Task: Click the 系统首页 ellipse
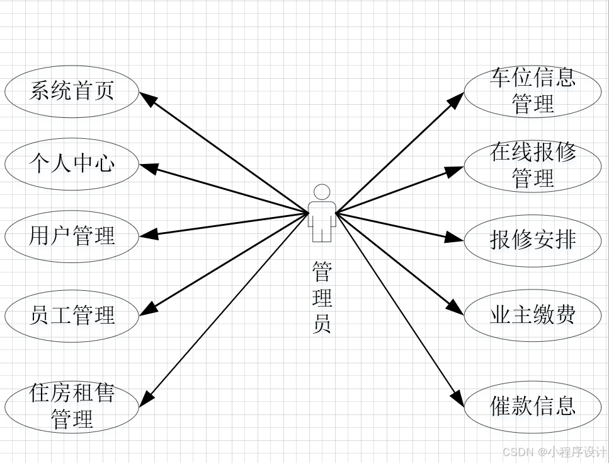click(72, 91)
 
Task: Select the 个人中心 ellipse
click(72, 164)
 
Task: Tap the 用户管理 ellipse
click(72, 236)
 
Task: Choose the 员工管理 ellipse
click(72, 314)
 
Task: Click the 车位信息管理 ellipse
click(533, 91)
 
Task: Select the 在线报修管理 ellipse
click(533, 165)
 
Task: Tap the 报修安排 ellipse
click(533, 240)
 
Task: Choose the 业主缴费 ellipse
click(533, 315)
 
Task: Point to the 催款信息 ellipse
click(533, 406)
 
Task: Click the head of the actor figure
click(322, 192)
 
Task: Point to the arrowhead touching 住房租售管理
click(147, 399)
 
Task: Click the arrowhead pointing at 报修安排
click(455, 238)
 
